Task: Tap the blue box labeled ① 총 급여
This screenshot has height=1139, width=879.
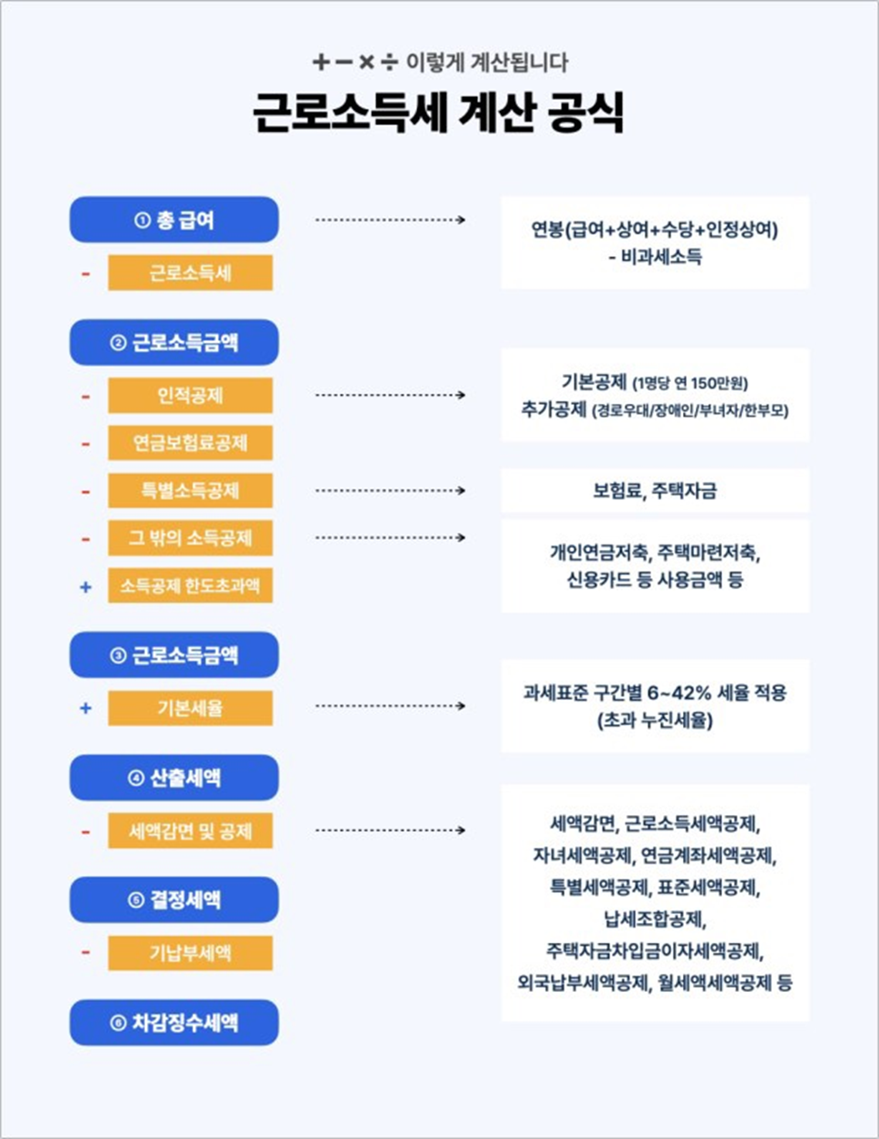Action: [x=174, y=220]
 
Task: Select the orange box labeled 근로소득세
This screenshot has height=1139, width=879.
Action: [x=190, y=272]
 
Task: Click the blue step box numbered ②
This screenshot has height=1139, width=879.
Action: [x=174, y=342]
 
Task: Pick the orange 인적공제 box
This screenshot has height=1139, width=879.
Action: [x=190, y=396]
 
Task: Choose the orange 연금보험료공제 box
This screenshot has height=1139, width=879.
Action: [x=190, y=443]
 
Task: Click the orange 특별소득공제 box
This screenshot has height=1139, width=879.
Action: [x=190, y=491]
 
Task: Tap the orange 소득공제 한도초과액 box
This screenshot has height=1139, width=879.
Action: [x=190, y=586]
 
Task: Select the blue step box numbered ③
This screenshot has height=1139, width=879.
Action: [x=174, y=655]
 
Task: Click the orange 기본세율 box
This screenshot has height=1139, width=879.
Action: [x=190, y=708]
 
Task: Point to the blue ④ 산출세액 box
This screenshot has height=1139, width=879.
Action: [x=174, y=778]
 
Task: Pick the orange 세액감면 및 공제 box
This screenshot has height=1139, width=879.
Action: [x=190, y=830]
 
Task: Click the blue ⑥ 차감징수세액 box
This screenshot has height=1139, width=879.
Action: [x=174, y=1023]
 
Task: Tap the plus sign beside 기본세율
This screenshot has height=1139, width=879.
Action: [x=85, y=708]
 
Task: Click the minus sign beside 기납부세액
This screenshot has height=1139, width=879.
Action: [x=85, y=953]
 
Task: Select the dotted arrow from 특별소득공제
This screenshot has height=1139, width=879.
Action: [x=390, y=491]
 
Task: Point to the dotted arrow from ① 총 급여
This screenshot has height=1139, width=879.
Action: [x=390, y=220]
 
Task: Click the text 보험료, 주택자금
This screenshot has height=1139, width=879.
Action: [x=654, y=491]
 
